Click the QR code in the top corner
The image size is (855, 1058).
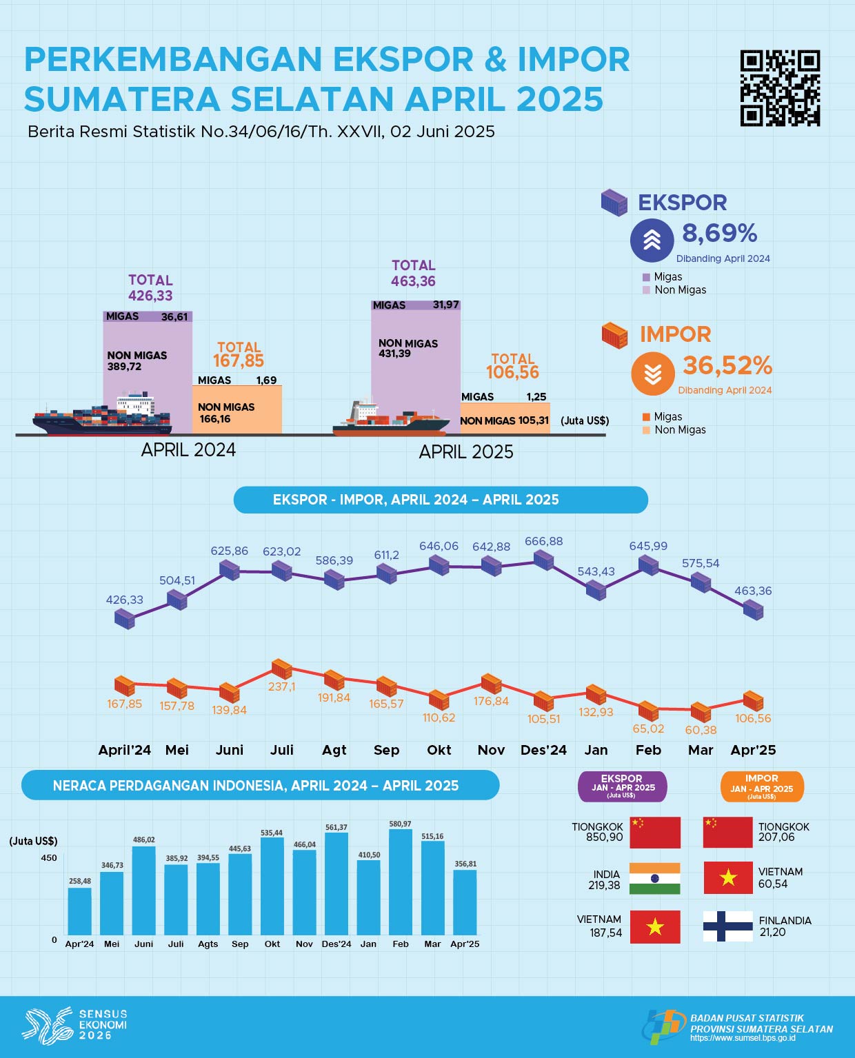780,88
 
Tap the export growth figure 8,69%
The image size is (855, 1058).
719,234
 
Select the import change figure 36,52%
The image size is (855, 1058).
727,365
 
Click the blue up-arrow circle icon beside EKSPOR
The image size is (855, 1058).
652,240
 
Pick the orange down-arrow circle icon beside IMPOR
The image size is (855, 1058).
652,374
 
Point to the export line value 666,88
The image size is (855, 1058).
543,542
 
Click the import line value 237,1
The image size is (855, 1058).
281,686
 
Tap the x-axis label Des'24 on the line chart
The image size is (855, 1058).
543,750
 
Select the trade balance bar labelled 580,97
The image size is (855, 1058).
400,882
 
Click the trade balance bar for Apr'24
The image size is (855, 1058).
79,911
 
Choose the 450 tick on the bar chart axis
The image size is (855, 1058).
49,858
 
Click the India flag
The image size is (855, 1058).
654,879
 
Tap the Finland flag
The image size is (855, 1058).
727,926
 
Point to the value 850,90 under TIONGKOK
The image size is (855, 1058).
605,837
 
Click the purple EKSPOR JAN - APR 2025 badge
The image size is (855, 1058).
621,786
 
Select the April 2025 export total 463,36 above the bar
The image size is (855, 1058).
413,281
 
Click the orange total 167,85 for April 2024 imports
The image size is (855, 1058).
239,360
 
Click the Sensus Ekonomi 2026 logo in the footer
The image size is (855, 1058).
74,1024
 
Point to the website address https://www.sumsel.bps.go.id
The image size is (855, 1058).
743,1038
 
